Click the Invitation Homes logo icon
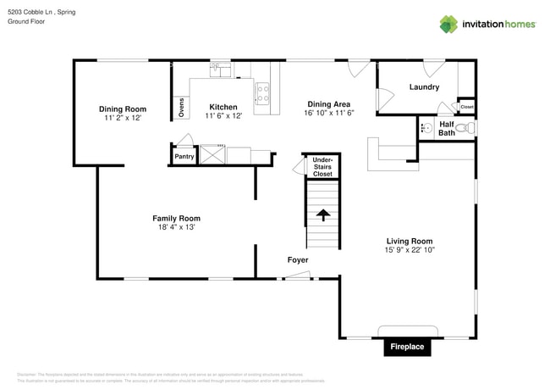point(448,24)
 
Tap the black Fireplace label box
point(407,347)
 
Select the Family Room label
point(176,218)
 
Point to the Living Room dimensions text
point(410,251)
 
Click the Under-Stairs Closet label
point(322,166)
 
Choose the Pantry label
point(184,157)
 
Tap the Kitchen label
point(223,107)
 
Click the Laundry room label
point(424,87)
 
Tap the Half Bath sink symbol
point(427,129)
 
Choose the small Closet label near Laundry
point(467,107)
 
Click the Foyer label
point(297,259)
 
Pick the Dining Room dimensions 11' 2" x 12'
point(123,118)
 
